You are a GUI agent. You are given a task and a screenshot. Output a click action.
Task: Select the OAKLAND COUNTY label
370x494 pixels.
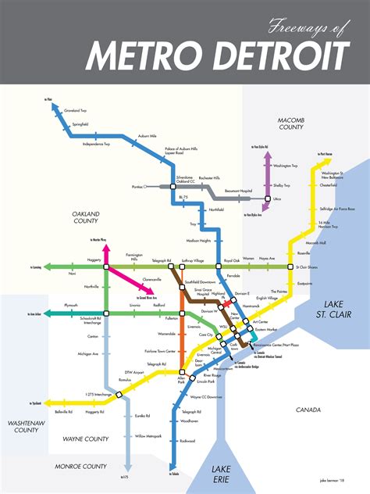[x=90, y=217]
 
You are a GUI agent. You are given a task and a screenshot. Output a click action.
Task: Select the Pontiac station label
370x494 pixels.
[x=139, y=188]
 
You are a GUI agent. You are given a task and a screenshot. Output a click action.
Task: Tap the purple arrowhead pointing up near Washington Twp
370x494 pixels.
[x=267, y=155]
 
